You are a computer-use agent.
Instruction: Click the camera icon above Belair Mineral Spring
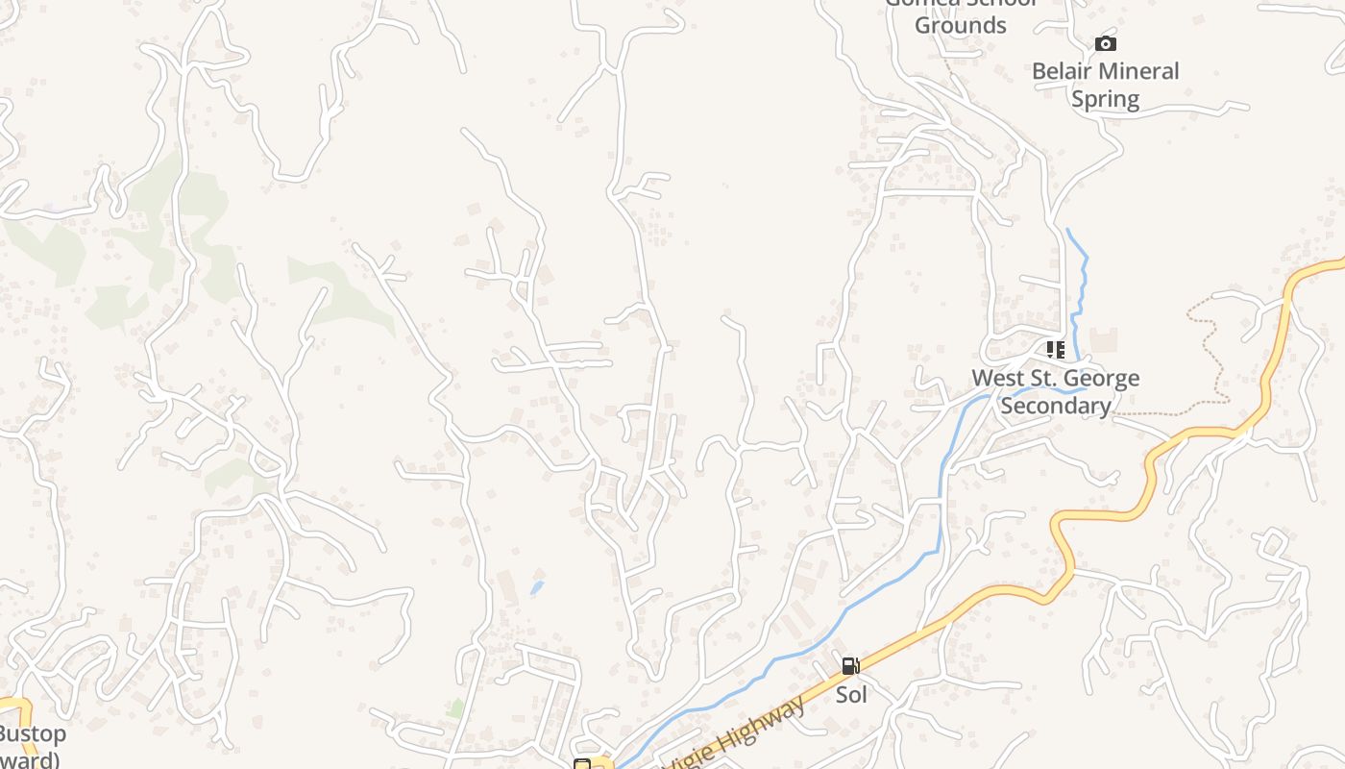click(1106, 43)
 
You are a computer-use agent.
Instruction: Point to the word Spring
click(1105, 99)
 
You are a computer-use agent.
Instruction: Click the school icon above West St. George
click(1056, 350)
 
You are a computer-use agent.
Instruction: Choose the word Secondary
click(1056, 406)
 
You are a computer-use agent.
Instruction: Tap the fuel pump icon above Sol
click(850, 665)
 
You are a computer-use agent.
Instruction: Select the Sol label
click(851, 693)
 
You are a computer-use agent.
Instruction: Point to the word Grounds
click(960, 25)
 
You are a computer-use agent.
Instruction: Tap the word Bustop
click(33, 734)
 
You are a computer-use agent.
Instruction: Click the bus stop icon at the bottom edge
click(581, 764)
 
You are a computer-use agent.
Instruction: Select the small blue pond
click(536, 586)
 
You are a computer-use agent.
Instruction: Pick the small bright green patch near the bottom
click(456, 708)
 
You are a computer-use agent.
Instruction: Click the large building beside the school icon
click(1103, 339)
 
